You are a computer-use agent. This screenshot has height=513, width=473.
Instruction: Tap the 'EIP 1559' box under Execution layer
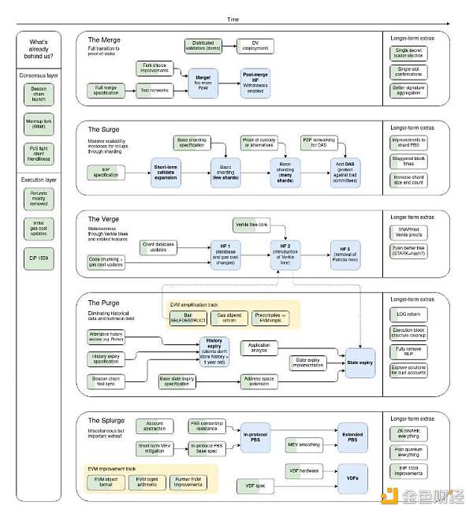point(38,256)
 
